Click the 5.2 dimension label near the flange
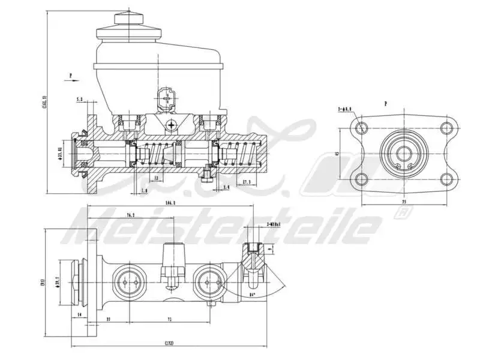pos(80,99)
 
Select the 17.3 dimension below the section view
pos(246,182)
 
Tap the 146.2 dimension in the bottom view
pos(170,203)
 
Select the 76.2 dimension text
pos(130,215)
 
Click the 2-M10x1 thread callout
pos(274,224)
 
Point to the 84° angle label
pos(253,295)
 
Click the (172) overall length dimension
pos(169,344)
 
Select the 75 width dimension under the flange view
pos(403,203)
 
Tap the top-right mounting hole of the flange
pos(445,127)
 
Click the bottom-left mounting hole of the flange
pos(361,179)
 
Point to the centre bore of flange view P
pos(403,152)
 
